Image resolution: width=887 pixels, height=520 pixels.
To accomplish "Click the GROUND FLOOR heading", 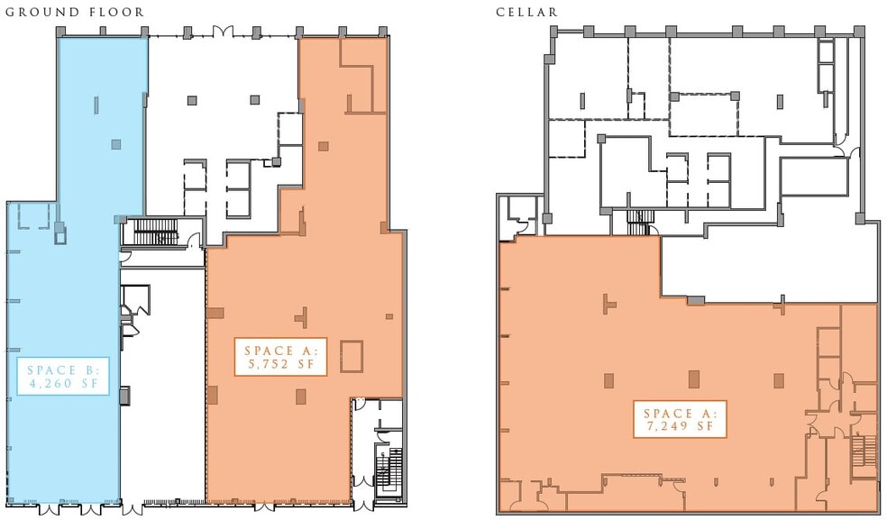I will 76,13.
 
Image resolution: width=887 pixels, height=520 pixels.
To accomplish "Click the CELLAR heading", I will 526,13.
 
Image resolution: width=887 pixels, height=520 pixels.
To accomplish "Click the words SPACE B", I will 68,369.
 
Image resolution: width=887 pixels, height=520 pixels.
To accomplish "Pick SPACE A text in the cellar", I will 680,411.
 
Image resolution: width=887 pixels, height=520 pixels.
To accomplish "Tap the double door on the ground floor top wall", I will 222,32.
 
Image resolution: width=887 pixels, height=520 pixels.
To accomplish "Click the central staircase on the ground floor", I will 159,233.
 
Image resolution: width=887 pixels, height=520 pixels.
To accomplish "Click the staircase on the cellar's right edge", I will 864,451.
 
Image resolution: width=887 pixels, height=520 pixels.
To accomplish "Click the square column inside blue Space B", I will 115,144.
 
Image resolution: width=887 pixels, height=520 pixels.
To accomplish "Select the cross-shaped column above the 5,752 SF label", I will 303,315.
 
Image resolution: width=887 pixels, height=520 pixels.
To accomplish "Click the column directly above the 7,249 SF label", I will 693,379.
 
